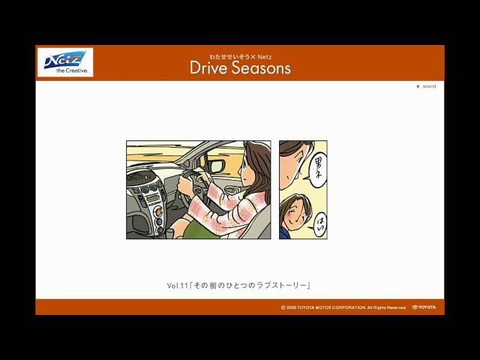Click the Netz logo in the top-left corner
(x=65, y=59)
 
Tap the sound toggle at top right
(x=426, y=86)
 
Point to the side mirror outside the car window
(x=216, y=166)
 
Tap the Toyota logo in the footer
(x=424, y=307)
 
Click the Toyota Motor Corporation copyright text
(x=343, y=307)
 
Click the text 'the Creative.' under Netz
(x=65, y=70)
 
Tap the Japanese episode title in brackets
(x=251, y=286)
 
